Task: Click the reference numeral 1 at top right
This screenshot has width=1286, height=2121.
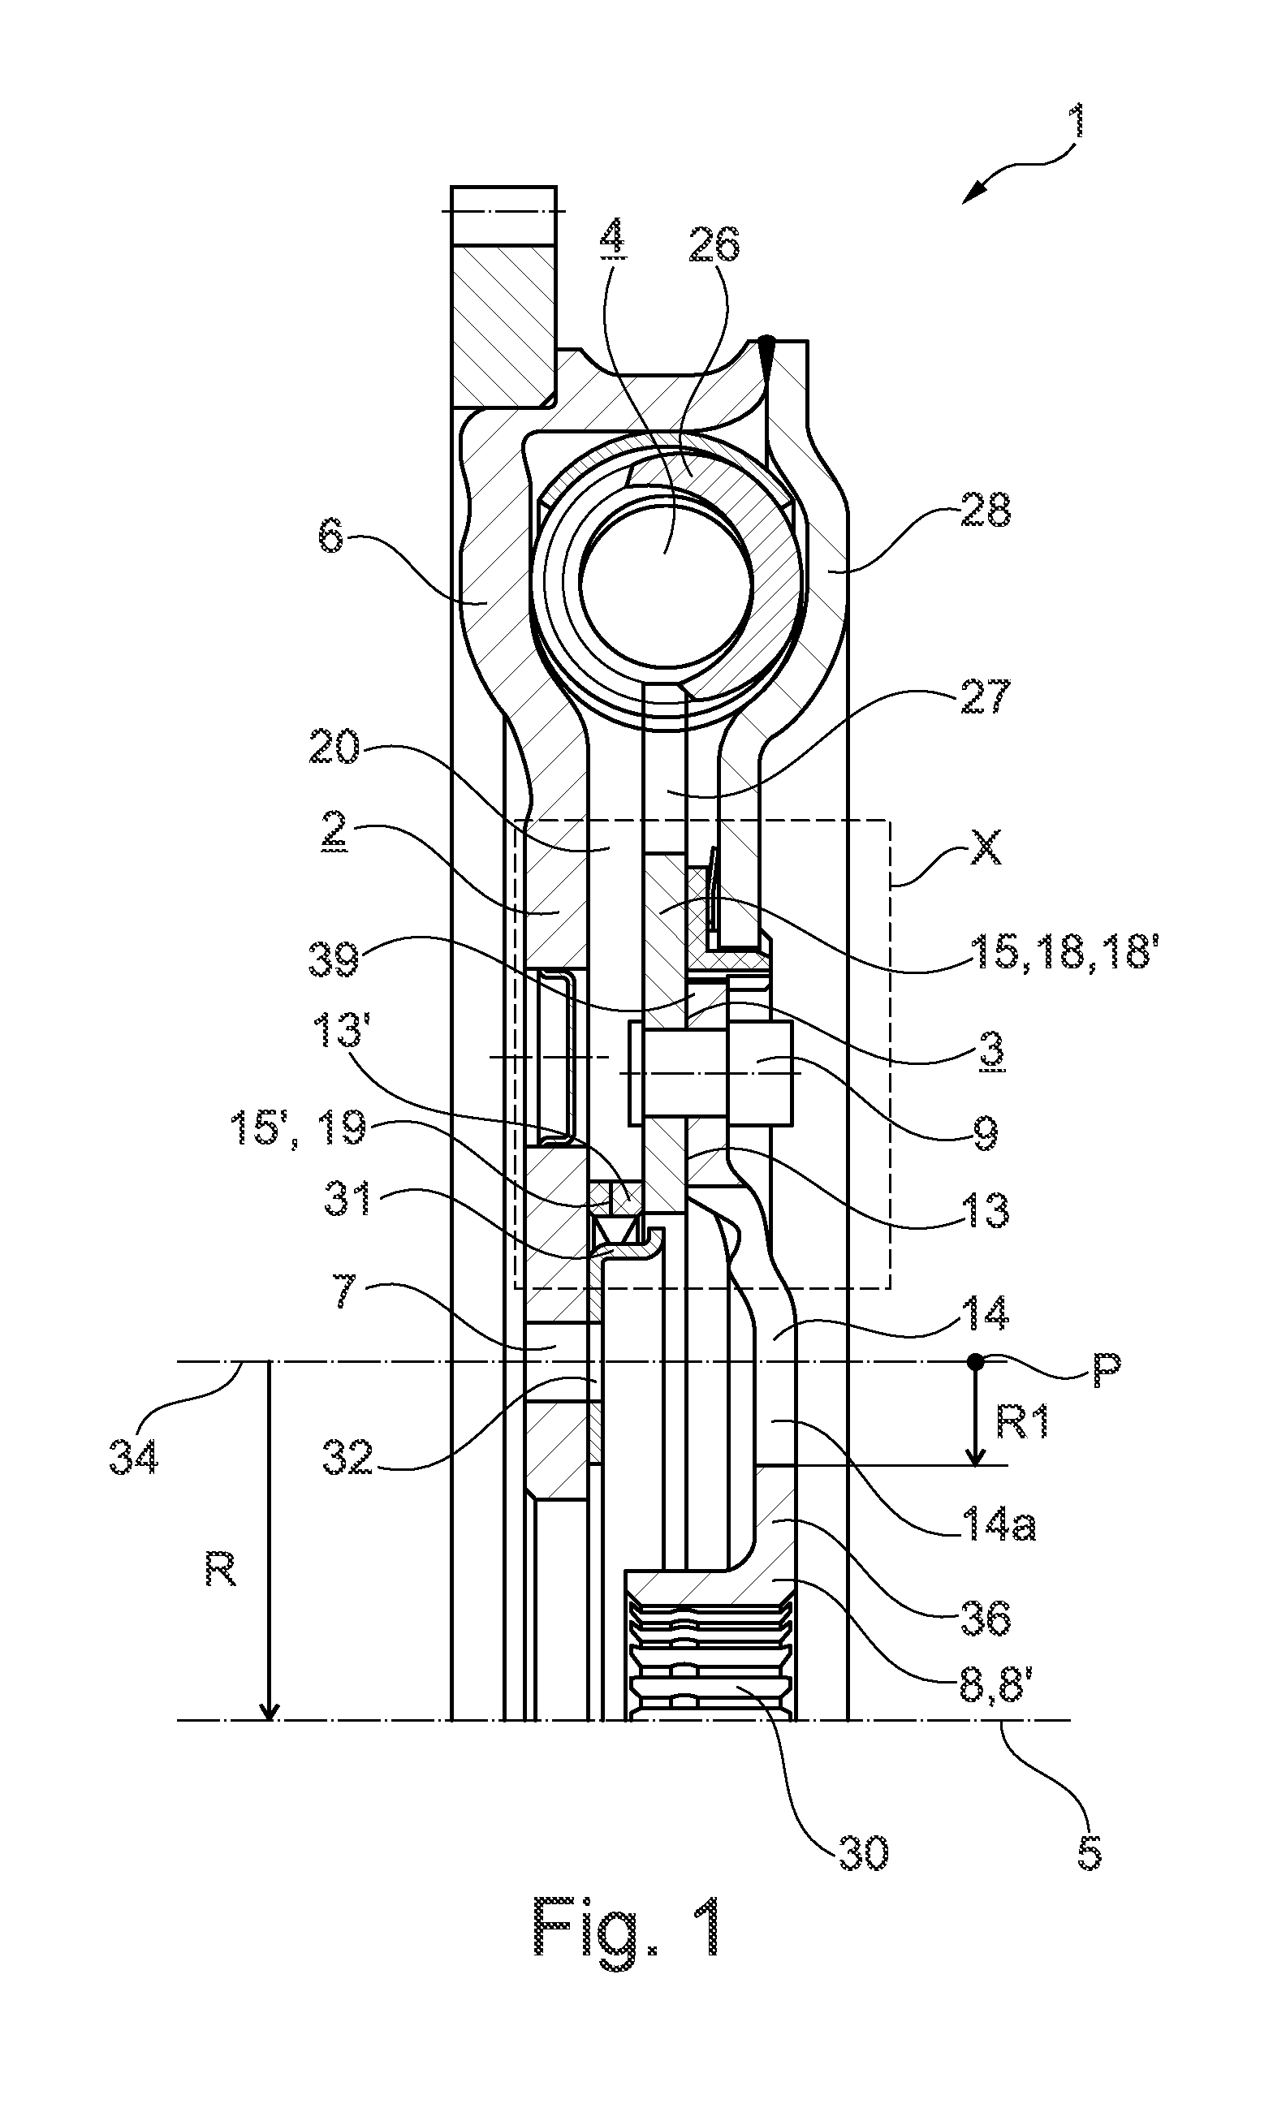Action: (x=1075, y=123)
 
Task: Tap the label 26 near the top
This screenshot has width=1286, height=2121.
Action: (x=715, y=244)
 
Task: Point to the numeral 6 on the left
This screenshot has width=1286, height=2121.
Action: (x=333, y=541)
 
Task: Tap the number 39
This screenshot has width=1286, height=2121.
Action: (x=334, y=959)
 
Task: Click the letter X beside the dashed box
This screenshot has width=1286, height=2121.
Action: (x=985, y=851)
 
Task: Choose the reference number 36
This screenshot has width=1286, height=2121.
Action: (x=986, y=1618)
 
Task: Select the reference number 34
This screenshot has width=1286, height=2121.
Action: (x=133, y=1458)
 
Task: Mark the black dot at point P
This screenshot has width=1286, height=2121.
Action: (x=975, y=1361)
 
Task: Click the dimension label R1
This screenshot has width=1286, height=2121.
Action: (x=1022, y=1423)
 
